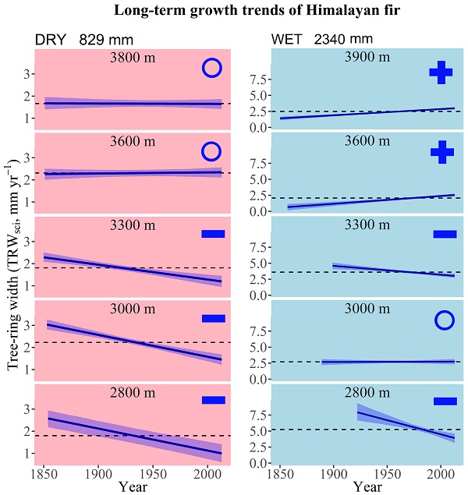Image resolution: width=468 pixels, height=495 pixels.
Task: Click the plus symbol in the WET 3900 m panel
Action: pos(441,73)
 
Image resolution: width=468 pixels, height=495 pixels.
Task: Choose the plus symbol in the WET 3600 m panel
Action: pos(442,152)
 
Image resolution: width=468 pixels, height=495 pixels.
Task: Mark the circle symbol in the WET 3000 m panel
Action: pos(445,320)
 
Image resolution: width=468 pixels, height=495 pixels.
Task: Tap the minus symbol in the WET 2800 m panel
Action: pos(445,401)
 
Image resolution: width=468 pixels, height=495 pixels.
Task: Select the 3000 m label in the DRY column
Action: pos(129,308)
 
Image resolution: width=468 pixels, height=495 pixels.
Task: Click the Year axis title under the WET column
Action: pos(357,487)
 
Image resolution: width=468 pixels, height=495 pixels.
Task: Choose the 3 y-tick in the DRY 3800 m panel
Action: pos(26,73)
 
